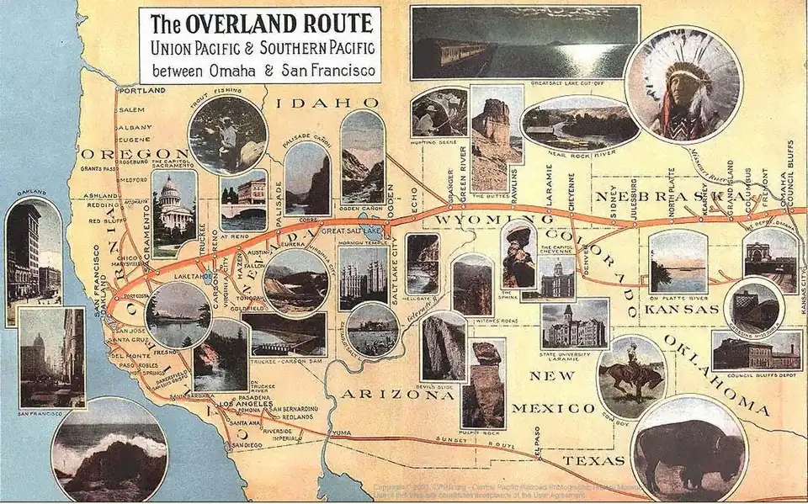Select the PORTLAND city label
(x=141, y=90)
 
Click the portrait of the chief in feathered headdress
(x=683, y=84)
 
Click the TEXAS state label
(x=593, y=460)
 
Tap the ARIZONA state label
(x=374, y=393)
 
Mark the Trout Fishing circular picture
(x=227, y=135)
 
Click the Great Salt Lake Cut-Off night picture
(x=524, y=42)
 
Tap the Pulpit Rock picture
(x=483, y=383)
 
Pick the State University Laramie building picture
(x=575, y=323)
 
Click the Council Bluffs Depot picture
(x=756, y=351)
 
